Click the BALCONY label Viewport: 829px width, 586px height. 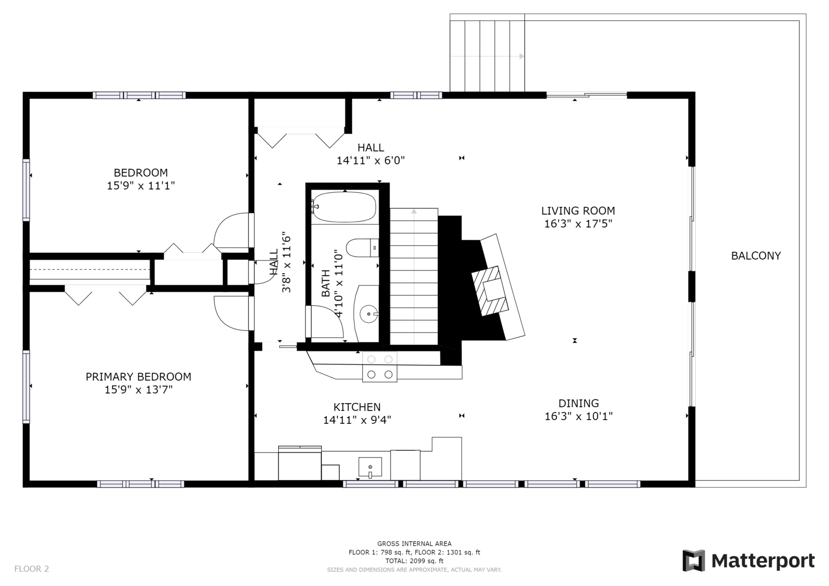coord(756,256)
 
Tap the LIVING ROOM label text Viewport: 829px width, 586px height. coord(578,211)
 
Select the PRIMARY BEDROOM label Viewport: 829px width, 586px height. coord(138,377)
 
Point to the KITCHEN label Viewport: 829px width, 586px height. coord(357,407)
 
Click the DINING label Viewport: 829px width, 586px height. coord(578,404)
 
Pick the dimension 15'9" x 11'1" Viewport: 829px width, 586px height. coord(140,185)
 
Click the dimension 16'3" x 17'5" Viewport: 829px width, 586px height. coord(578,224)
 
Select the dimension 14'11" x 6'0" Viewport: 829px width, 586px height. coord(370,161)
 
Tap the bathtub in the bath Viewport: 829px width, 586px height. coord(345,207)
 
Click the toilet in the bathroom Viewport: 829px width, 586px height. coord(363,248)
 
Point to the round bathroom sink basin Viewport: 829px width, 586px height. coord(368,314)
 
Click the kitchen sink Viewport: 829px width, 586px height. coord(370,467)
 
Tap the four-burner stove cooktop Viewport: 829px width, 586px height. coord(380,367)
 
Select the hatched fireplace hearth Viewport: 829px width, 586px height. coord(490,291)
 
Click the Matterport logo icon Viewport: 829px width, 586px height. coord(694,561)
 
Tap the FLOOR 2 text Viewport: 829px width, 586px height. coord(32,568)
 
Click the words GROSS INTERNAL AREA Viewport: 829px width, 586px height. coord(414,544)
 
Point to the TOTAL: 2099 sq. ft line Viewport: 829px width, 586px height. coord(414,561)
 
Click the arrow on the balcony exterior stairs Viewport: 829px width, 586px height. coord(487,56)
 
